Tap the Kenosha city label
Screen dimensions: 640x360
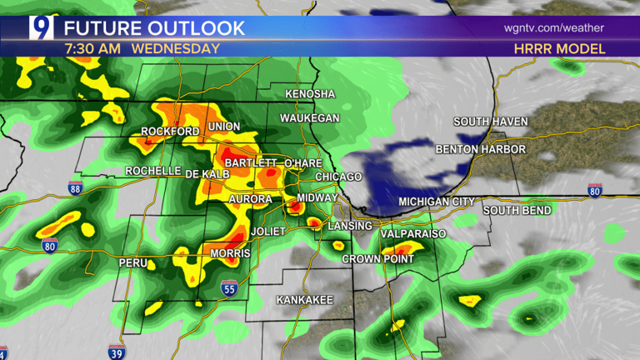point(310,94)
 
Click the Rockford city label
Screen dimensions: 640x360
point(170,132)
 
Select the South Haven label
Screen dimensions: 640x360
point(491,122)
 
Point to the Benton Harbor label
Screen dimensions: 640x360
point(481,149)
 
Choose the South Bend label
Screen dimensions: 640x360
point(517,210)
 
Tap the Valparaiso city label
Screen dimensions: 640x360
point(413,235)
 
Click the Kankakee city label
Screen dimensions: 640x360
point(305,299)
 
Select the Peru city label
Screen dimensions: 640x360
point(133,262)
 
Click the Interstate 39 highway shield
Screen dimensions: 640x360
point(117,352)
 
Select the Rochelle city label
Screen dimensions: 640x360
point(153,171)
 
